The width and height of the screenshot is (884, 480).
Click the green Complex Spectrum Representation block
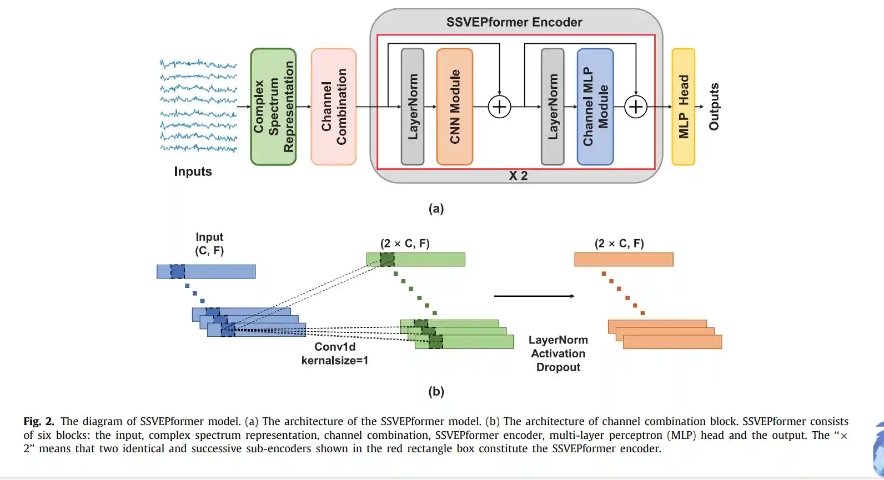pyautogui.click(x=273, y=107)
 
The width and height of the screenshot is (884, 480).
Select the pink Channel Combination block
pyautogui.click(x=334, y=107)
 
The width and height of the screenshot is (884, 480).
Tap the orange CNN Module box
pyautogui.click(x=455, y=107)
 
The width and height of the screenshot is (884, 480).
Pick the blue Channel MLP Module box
pyautogui.click(x=595, y=107)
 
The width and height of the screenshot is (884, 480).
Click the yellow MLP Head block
pyautogui.click(x=683, y=107)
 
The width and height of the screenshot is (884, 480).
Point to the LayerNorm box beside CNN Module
pyautogui.click(x=413, y=107)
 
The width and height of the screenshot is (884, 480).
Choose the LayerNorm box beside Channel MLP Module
pyautogui.click(x=552, y=107)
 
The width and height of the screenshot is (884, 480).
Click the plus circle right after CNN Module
pyautogui.click(x=499, y=107)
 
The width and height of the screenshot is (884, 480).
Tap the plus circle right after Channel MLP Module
pyautogui.click(x=636, y=107)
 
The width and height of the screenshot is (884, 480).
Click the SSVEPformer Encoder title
pyautogui.click(x=514, y=22)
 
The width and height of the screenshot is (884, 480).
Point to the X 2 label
pyautogui.click(x=518, y=176)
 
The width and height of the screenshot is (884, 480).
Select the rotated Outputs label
pyautogui.click(x=714, y=107)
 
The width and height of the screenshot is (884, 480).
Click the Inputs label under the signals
pyautogui.click(x=193, y=171)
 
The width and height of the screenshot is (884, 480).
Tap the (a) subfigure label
pyautogui.click(x=436, y=209)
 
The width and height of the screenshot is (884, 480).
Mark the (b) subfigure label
pyautogui.click(x=436, y=391)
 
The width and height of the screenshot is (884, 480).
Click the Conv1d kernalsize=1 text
pyautogui.click(x=335, y=353)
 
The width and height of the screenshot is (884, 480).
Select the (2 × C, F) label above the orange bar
pyautogui.click(x=619, y=244)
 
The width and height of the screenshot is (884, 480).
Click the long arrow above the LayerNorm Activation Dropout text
pyautogui.click(x=534, y=296)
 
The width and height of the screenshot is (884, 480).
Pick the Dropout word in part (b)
pyautogui.click(x=558, y=367)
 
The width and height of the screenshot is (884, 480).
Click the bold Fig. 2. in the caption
pyautogui.click(x=39, y=422)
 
